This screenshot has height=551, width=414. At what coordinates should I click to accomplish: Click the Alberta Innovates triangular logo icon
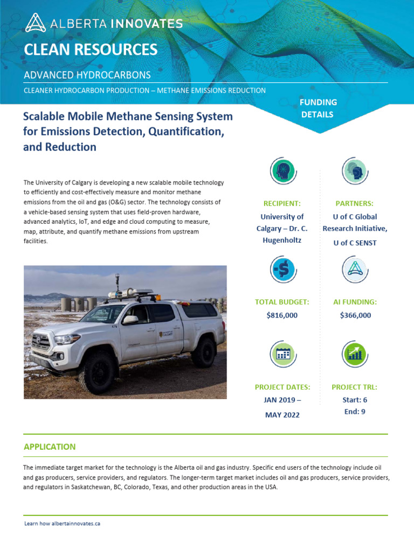click(36, 23)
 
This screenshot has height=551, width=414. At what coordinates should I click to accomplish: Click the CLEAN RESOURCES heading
click(91, 50)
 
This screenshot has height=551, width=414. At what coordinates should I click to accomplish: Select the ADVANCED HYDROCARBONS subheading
click(87, 75)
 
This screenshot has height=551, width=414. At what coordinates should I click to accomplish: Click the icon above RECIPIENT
click(282, 172)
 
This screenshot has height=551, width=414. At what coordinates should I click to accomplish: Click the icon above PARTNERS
click(354, 172)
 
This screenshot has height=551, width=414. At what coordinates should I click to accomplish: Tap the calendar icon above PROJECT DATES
click(282, 354)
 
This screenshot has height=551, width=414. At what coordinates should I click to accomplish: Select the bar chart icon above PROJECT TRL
click(354, 354)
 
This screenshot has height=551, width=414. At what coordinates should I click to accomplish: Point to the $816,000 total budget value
click(282, 315)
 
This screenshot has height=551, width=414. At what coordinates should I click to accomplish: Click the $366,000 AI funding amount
click(355, 315)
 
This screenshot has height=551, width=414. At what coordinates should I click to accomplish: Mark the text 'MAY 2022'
click(282, 415)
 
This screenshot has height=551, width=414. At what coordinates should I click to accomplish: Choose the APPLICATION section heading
click(50, 447)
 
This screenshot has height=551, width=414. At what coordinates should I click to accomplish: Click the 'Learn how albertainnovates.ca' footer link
click(63, 524)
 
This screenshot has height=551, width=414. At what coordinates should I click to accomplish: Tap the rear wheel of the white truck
click(203, 352)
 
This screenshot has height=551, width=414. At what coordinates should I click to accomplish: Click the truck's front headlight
click(67, 339)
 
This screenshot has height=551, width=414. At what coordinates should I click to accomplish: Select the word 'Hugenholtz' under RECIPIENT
click(282, 240)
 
